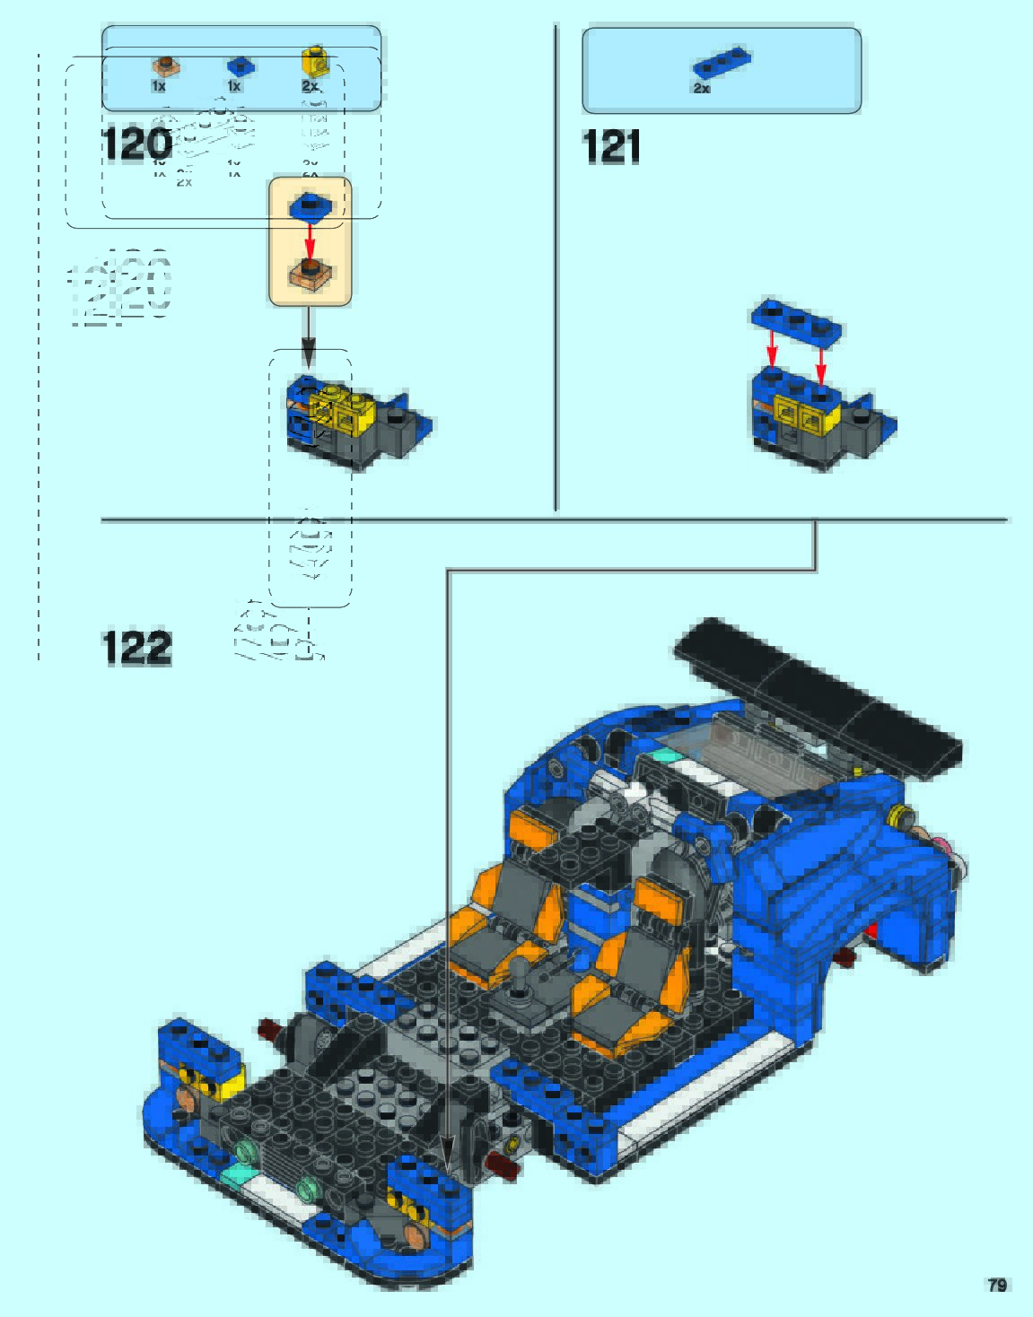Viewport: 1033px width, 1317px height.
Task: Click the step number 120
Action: coord(137,144)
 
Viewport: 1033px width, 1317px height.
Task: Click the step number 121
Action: coord(611,146)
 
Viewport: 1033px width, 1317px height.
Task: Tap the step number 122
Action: coord(136,648)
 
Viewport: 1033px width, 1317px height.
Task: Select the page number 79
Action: coord(996,1285)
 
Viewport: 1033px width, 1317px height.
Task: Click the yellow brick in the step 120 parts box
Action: coord(313,60)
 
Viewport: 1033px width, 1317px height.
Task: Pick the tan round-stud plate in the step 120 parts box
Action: coord(163,65)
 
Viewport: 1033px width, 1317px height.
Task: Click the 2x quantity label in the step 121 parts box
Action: coord(701,89)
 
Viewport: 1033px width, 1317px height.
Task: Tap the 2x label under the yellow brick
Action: coord(310,86)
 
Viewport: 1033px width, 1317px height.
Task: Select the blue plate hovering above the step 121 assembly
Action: coord(797,321)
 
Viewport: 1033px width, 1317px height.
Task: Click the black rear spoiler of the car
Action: coord(817,695)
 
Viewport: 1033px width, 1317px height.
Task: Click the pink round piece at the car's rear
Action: coord(943,846)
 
